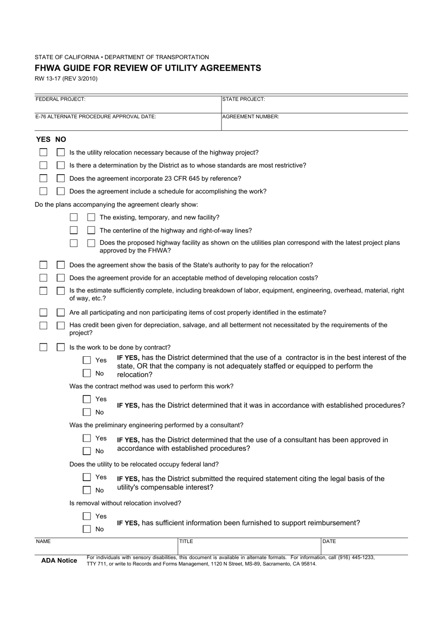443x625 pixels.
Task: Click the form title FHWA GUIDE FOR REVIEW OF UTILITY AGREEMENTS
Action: point(148,68)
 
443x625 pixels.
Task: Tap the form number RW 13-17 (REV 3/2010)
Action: point(66,79)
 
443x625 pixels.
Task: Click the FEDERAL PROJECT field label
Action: point(60,99)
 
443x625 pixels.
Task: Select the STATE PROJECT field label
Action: point(243,99)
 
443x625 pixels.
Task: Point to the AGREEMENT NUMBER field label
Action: point(250,117)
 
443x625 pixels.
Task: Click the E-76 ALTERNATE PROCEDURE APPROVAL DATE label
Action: point(96,117)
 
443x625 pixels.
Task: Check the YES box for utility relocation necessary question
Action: point(43,152)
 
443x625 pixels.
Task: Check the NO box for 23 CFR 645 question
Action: point(61,178)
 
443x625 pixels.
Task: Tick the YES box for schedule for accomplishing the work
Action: point(43,191)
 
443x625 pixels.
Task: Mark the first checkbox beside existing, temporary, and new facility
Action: point(74,217)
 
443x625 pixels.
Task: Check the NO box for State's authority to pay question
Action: point(61,265)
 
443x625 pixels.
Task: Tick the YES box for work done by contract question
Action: point(43,347)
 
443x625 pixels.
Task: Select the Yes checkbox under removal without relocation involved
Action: point(87,516)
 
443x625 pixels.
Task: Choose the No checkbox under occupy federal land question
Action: point(87,490)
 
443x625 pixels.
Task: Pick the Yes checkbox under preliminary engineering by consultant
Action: point(87,438)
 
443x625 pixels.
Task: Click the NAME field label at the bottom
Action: point(43,542)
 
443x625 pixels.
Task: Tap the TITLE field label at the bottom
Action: point(186,542)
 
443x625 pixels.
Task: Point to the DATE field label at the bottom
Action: point(329,542)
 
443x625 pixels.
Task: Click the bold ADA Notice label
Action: point(59,561)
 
